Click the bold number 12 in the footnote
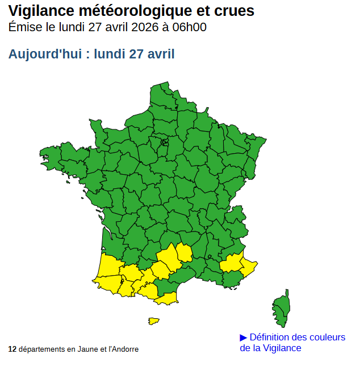click(12, 349)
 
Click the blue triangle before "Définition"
click(244, 338)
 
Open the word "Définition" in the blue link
click(272, 338)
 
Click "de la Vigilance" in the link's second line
click(270, 348)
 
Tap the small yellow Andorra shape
click(153, 321)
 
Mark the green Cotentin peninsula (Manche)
click(97, 130)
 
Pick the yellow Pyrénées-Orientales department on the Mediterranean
click(166, 298)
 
